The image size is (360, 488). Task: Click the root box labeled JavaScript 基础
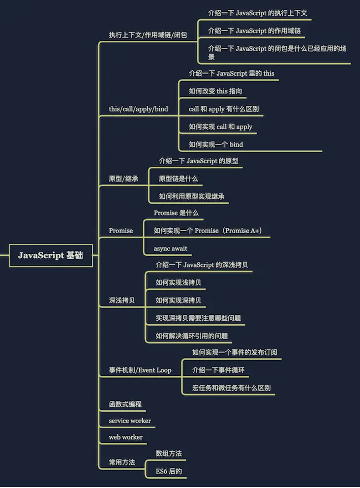pos(51,255)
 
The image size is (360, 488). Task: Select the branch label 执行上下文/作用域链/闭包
pos(148,35)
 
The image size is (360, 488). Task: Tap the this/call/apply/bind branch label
pos(138,109)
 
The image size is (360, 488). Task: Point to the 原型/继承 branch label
pos(123,179)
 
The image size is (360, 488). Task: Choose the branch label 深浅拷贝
pos(121,301)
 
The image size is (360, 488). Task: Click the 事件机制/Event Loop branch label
pos(140,370)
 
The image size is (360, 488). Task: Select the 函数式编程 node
pos(125,404)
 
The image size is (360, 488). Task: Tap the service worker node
pos(130,421)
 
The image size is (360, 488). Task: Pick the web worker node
pos(126,437)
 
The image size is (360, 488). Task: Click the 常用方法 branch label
pos(121,462)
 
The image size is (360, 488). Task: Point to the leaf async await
pos(171,248)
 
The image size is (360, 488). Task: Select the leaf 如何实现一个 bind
pos(216,145)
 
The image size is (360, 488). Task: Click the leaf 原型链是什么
pos(179,179)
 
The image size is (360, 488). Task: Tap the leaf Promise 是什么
pos(176,213)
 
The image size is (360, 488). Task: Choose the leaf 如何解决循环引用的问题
pos(192,336)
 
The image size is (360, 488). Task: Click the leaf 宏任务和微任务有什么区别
pos(231,388)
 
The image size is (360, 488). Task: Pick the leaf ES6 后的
pos(169,471)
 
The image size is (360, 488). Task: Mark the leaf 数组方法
pos(169,454)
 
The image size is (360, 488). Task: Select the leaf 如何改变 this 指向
pos(215,91)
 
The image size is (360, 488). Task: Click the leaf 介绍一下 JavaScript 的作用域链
pos(254,31)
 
